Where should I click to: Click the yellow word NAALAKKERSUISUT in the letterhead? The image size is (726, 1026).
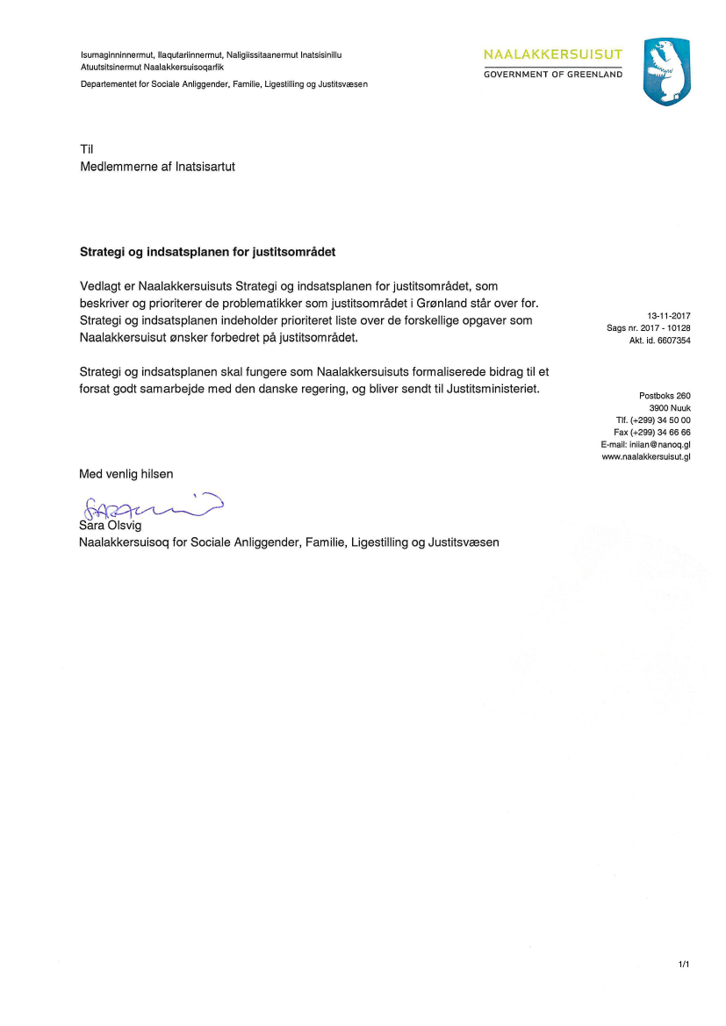pyautogui.click(x=552, y=55)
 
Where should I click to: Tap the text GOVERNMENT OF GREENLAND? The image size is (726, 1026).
pyautogui.click(x=552, y=75)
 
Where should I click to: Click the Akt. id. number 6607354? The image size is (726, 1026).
pyautogui.click(x=672, y=340)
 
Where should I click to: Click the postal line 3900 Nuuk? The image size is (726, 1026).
pyautogui.click(x=670, y=407)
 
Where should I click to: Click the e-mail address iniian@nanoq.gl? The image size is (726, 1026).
pyautogui.click(x=659, y=444)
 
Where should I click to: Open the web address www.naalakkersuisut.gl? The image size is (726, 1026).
pyautogui.click(x=646, y=456)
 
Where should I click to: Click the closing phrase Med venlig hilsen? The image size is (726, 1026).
pyautogui.click(x=126, y=474)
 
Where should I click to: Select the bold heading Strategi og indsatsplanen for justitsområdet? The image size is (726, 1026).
pyautogui.click(x=207, y=252)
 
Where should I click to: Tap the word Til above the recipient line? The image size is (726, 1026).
pyautogui.click(x=86, y=149)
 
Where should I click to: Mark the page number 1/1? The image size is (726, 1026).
pyautogui.click(x=684, y=965)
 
